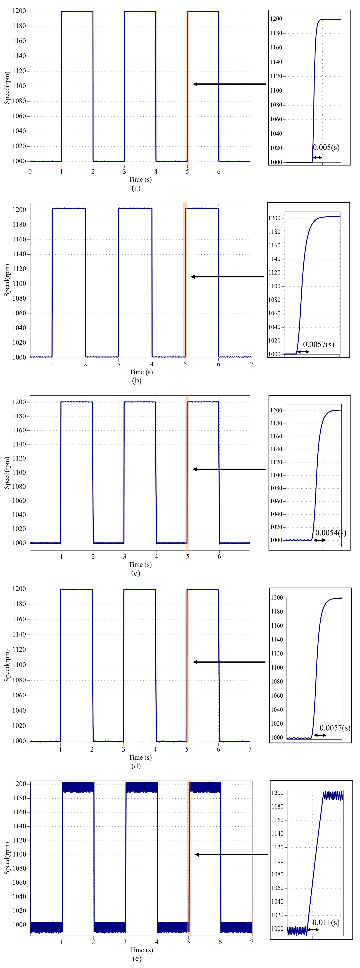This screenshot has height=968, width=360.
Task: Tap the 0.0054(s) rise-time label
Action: click(x=330, y=533)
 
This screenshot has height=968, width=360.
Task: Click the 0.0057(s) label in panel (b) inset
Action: click(x=318, y=345)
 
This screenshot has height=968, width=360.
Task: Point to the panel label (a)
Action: click(x=136, y=188)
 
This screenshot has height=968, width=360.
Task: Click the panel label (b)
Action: click(x=136, y=381)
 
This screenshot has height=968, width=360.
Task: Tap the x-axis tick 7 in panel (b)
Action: click(x=251, y=364)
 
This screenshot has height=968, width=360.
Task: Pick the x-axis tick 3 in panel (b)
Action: click(x=118, y=364)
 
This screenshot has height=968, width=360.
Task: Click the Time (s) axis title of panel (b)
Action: click(x=141, y=372)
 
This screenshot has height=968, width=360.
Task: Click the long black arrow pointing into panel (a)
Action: click(x=229, y=84)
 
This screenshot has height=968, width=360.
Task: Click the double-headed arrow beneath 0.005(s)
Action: click(x=318, y=157)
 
